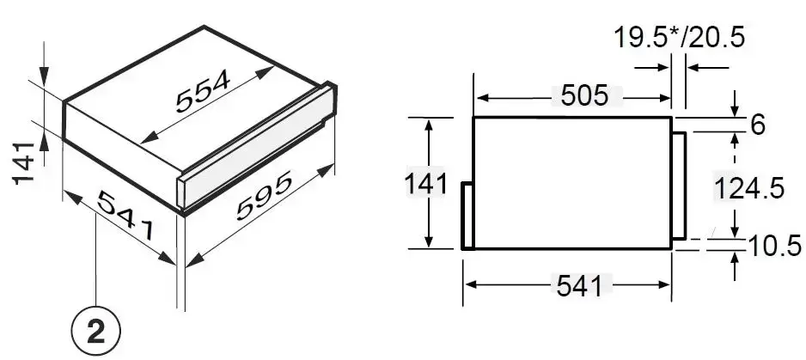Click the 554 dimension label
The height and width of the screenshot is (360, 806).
pos(203,91)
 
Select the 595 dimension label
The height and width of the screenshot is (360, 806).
pos(264,195)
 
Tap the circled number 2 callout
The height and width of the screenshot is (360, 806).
pos(96,332)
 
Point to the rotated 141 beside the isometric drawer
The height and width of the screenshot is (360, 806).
pos(24,162)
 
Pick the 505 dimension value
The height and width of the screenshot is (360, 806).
pos(584,95)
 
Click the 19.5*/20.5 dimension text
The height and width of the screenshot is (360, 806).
pos(680,38)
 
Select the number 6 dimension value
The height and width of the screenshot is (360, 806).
pos(758,125)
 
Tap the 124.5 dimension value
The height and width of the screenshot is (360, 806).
pos(750,188)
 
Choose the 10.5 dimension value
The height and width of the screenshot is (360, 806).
pos(775,246)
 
